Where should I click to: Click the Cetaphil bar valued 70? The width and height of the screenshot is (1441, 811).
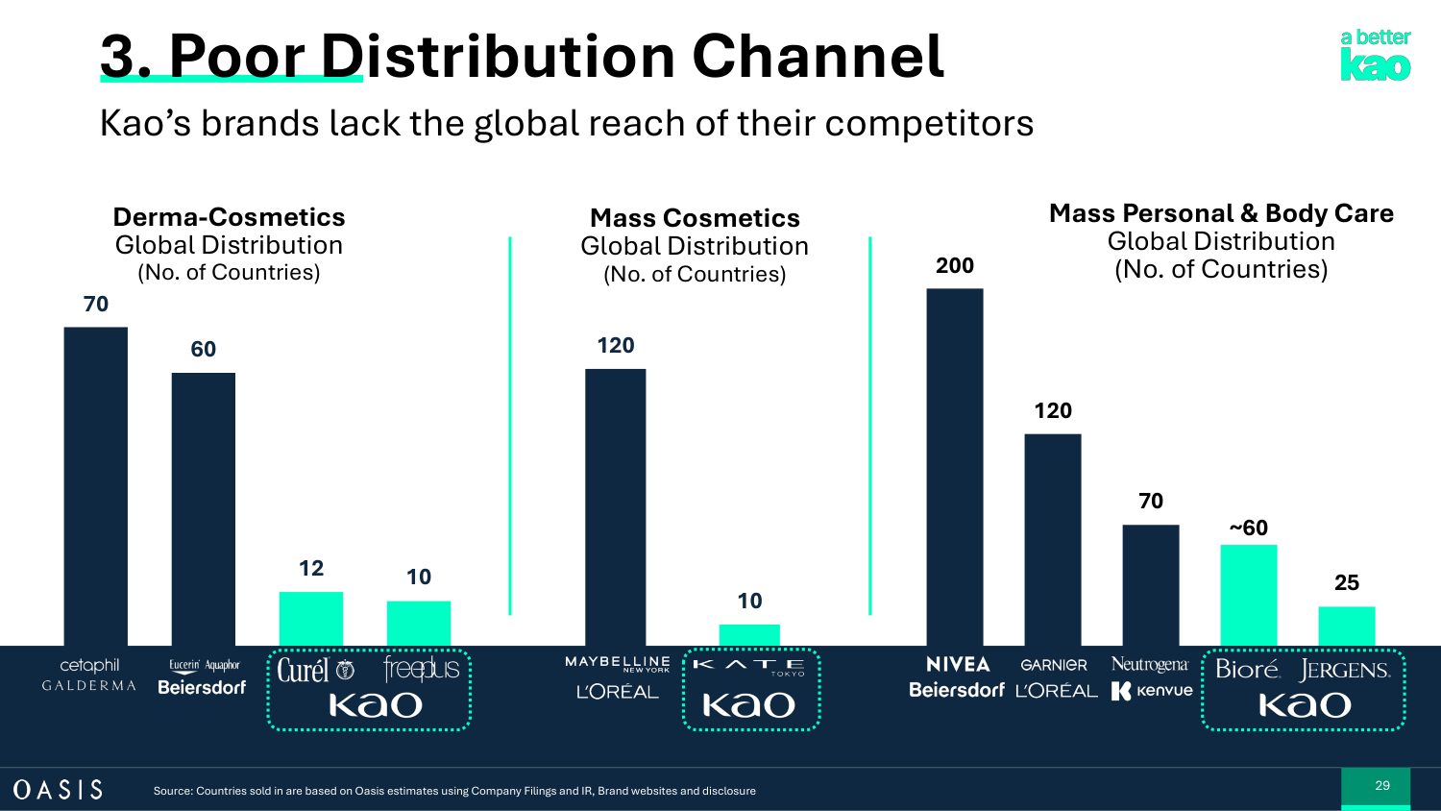pos(95,485)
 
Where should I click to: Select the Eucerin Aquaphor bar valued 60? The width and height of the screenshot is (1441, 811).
pos(203,508)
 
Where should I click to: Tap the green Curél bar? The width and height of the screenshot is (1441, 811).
pos(310,618)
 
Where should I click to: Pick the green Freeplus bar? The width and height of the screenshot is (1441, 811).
pos(418,623)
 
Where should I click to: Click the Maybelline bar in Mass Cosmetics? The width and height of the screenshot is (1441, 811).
pos(615,506)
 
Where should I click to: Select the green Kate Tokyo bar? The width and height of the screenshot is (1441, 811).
pos(749,634)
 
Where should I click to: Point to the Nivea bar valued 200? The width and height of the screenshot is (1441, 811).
pos(954,466)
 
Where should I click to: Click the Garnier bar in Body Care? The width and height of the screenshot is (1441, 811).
pos(1052,539)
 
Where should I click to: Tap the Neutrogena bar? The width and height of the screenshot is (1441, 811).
pos(1150,584)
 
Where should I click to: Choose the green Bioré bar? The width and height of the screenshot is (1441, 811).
pos(1248,595)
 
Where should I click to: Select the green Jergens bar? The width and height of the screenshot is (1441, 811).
pos(1346,626)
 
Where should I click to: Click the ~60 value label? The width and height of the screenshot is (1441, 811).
pos(1248,528)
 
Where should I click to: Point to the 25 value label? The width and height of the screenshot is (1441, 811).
pos(1346,582)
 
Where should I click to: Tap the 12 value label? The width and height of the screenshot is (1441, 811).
pos(310,568)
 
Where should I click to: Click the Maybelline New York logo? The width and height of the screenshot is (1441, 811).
pos(617,663)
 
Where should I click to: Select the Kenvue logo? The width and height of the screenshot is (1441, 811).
pos(1152,691)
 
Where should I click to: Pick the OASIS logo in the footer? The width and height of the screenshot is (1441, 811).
pos(58,789)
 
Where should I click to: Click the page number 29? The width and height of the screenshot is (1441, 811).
pos(1381,785)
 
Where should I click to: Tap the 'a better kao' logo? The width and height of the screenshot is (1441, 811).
pos(1375,55)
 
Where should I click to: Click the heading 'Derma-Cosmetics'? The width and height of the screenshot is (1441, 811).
pos(229,217)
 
